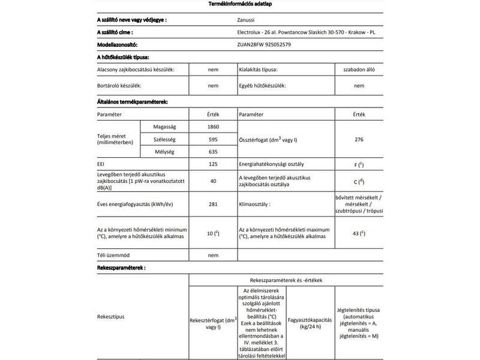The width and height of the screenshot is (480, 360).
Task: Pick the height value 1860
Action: pos(212,127)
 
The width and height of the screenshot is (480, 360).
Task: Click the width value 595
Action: pos(212,139)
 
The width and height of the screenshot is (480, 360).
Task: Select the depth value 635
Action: pos(212,152)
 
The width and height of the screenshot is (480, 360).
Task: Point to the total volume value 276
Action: pos(359,139)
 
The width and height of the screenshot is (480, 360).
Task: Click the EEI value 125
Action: pos(212,164)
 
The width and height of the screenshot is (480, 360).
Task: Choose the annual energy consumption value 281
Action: pos(212,205)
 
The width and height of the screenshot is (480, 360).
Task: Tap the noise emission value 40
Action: pos(212,181)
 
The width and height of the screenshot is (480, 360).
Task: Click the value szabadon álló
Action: pos(359,70)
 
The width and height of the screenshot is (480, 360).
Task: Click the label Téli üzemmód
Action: pos(114,255)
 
